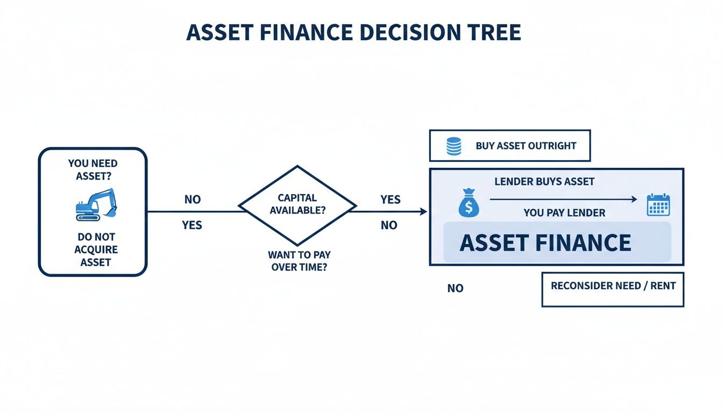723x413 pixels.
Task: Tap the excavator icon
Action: [x=96, y=204]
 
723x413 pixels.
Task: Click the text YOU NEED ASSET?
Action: [x=93, y=169]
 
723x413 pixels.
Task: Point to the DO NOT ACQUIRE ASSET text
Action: [x=95, y=250]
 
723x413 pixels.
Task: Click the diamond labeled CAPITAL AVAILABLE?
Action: [x=297, y=205]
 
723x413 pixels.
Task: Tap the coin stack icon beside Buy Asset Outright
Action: [x=454, y=146]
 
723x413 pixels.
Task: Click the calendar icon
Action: [x=657, y=205]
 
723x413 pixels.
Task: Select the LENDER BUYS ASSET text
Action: [x=544, y=182]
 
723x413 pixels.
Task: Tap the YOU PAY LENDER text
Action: [x=564, y=213]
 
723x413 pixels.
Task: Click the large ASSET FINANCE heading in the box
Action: [x=545, y=243]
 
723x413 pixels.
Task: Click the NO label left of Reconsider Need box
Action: [x=455, y=289]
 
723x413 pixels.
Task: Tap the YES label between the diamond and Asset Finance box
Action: [x=390, y=200]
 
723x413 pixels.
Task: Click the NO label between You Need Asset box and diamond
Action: [x=192, y=200]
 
